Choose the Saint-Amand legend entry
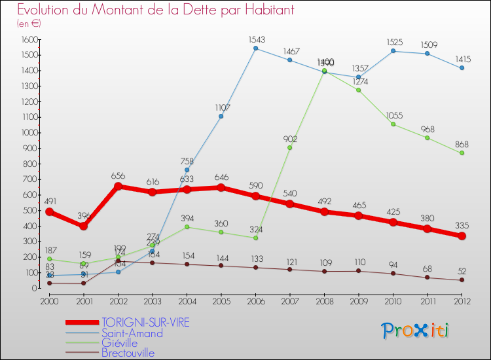point(132,333)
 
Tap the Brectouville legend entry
point(128,353)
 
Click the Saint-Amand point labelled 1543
point(255,48)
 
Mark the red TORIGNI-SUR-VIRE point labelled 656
point(118,186)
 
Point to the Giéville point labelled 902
point(290,148)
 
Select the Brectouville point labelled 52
point(462,280)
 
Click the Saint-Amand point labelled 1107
point(221,117)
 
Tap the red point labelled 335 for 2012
point(462,236)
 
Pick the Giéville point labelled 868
point(462,153)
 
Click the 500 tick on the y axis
point(29,210)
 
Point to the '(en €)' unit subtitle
point(29,24)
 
